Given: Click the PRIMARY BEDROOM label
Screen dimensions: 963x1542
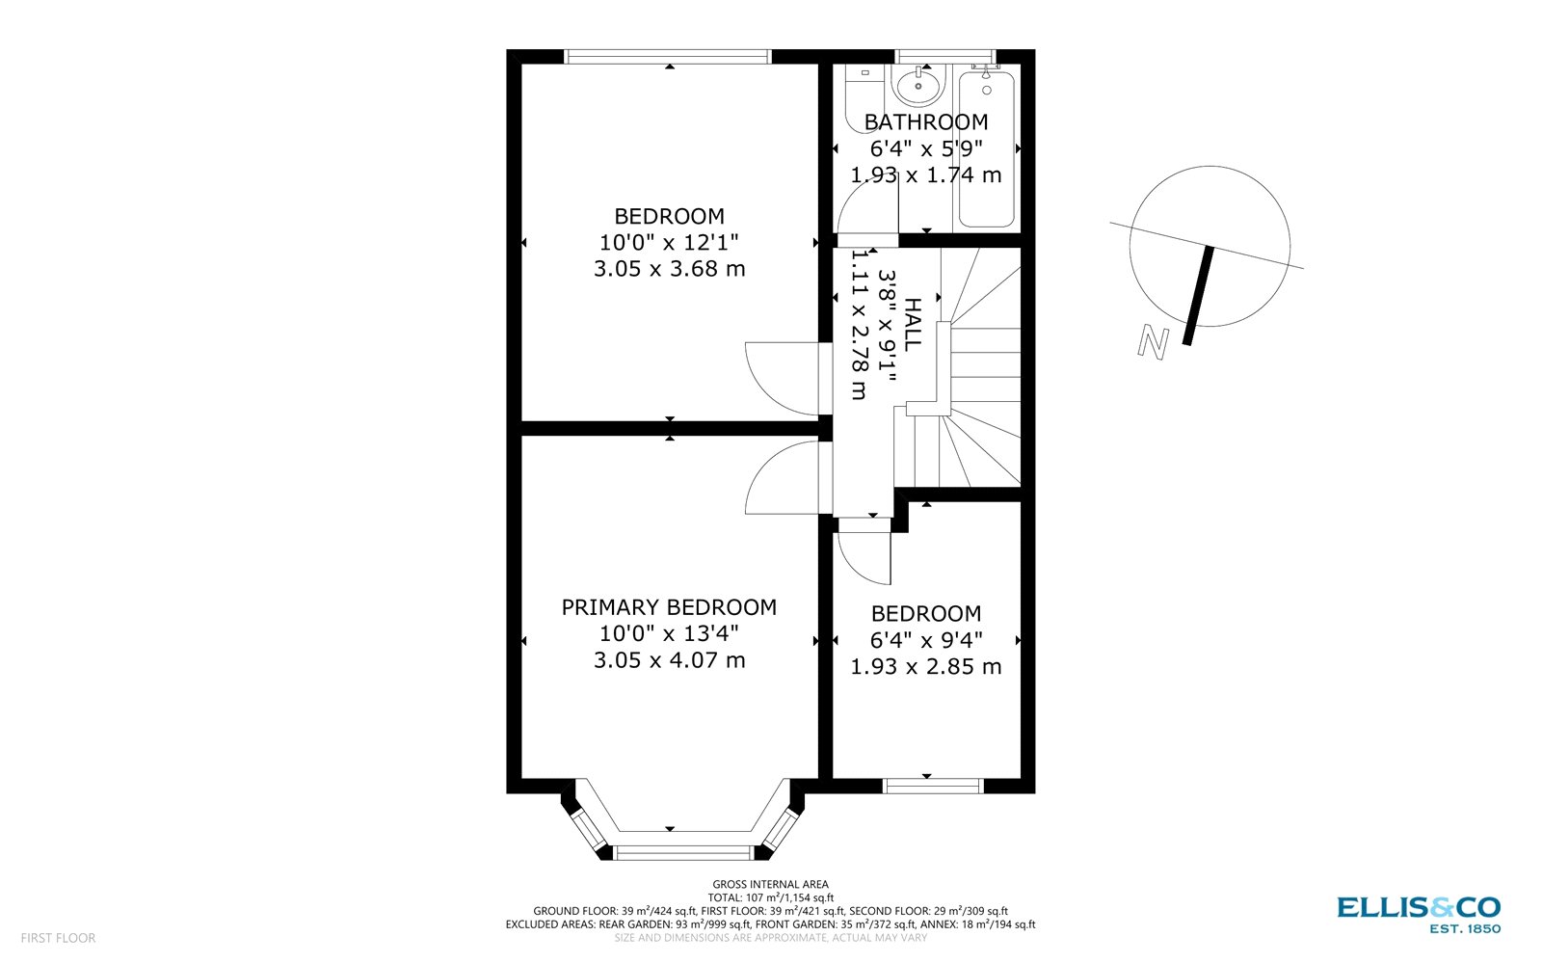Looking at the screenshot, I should tap(669, 607).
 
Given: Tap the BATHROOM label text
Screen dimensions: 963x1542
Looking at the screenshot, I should tap(925, 122).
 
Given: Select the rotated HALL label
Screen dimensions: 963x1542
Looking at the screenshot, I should tap(912, 325).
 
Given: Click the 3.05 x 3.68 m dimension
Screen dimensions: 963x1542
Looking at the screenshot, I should tap(669, 269).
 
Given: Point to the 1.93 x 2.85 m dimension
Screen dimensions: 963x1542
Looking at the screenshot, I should tap(925, 667).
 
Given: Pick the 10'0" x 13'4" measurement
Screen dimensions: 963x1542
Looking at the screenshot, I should tap(669, 633).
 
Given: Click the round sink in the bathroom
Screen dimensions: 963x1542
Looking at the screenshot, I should tap(918, 87).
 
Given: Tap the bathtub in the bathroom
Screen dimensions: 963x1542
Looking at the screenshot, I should tap(986, 149).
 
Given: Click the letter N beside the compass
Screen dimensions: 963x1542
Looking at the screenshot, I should tap(1154, 342).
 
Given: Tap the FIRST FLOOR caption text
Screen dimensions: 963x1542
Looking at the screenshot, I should tap(58, 938).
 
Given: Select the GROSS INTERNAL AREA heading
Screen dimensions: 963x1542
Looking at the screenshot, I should tap(770, 884).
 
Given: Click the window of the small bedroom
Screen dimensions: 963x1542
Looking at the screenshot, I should tap(933, 787).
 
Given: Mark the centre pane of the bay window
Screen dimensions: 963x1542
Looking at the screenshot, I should tap(682, 852).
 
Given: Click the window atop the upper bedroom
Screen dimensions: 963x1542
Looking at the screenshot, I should tap(668, 57).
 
